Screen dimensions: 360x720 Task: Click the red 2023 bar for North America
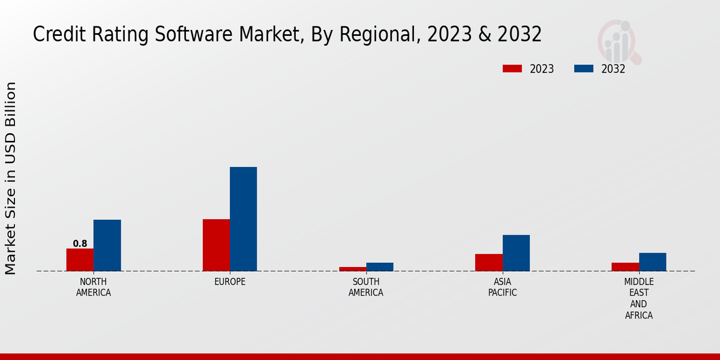click(x=80, y=260)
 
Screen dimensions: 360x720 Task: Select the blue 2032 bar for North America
click(x=107, y=245)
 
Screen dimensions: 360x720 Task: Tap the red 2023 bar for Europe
click(x=216, y=245)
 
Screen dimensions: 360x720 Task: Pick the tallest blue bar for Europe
click(x=243, y=219)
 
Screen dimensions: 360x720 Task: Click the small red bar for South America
click(x=352, y=269)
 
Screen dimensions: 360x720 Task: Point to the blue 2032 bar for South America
click(x=380, y=267)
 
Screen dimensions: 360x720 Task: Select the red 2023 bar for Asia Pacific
click(x=488, y=262)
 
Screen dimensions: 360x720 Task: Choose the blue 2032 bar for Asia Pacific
click(x=516, y=253)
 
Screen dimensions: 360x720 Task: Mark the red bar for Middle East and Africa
click(x=625, y=267)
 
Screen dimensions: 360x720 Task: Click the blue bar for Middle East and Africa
click(x=652, y=262)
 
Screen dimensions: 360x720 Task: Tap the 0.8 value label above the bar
click(x=80, y=244)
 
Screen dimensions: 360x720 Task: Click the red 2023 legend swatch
click(x=512, y=69)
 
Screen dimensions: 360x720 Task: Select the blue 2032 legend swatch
click(x=583, y=69)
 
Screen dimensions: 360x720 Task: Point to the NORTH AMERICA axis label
click(x=93, y=287)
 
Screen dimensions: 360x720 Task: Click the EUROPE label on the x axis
click(x=230, y=282)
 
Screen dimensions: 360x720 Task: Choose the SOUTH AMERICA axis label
click(x=366, y=287)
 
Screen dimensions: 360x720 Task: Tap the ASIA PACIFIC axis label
click(x=502, y=287)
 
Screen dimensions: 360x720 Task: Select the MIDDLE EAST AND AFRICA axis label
click(x=638, y=298)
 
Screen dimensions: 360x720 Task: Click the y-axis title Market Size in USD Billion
click(x=11, y=178)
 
